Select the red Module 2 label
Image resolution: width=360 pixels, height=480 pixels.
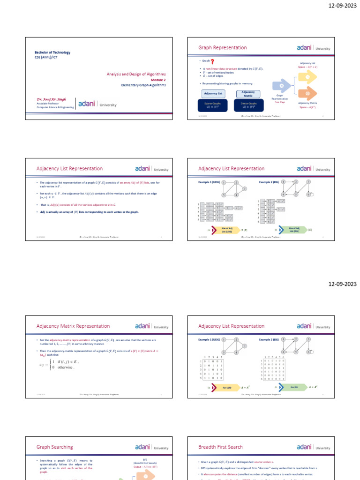click(158, 80)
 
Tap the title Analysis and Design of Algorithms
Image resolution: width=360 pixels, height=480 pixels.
click(136, 74)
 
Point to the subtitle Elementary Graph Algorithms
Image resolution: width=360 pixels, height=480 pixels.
click(143, 85)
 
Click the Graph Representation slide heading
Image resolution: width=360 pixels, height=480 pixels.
click(222, 48)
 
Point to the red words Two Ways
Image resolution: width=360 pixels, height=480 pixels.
click(280, 102)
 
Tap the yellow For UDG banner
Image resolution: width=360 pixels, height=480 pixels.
click(226, 388)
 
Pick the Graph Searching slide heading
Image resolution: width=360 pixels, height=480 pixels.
click(54, 447)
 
